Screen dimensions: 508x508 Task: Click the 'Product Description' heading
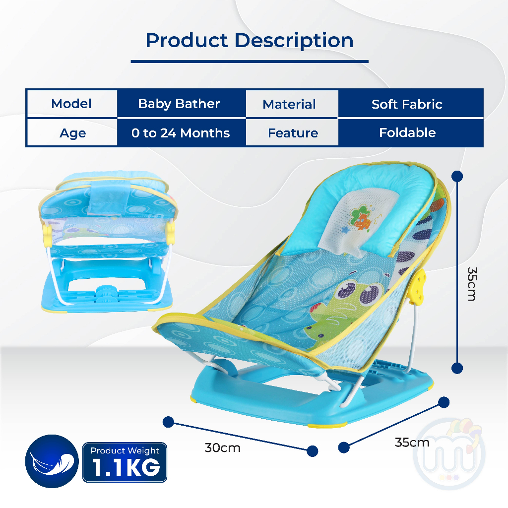click(x=250, y=41)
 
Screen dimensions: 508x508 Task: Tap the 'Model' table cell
click(x=71, y=104)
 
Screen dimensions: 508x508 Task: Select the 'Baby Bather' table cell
click(x=179, y=104)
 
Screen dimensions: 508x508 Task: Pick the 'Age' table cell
click(x=72, y=133)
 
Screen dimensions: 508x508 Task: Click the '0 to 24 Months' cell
click(x=181, y=133)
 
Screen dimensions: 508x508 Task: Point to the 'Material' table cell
click(x=289, y=104)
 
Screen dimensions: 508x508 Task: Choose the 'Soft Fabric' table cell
click(x=407, y=104)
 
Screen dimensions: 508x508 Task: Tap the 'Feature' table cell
click(x=293, y=133)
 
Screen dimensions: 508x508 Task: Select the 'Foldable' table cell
click(x=408, y=132)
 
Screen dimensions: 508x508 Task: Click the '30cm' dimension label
click(x=223, y=448)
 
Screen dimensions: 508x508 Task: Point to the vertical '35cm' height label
click(x=472, y=284)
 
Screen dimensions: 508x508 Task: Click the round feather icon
click(x=52, y=461)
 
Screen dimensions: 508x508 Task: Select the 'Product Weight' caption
click(x=125, y=450)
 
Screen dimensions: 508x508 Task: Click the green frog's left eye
click(x=346, y=290)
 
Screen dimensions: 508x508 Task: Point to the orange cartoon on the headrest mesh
click(x=361, y=219)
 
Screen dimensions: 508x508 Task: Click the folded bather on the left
click(x=107, y=242)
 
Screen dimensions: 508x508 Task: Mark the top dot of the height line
click(x=457, y=176)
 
